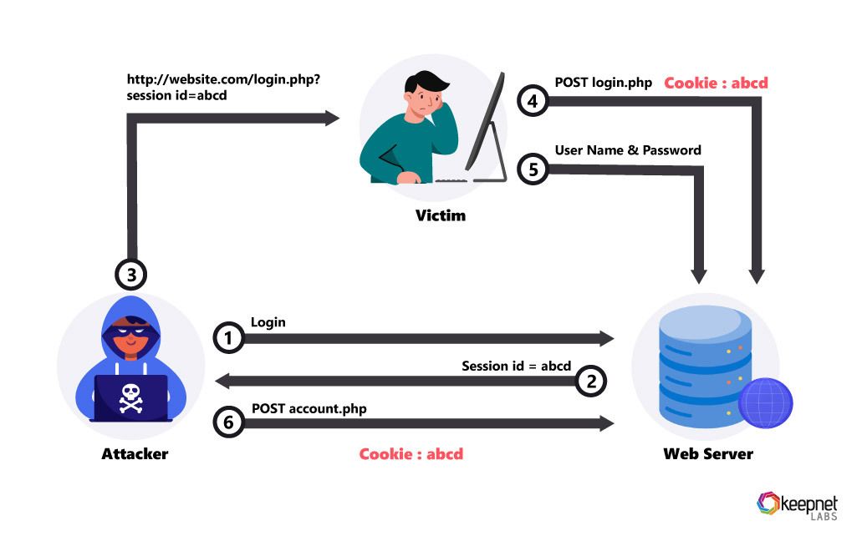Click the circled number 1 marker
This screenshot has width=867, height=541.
(229, 337)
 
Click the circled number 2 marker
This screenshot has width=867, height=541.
(591, 381)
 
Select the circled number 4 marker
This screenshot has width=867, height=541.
(533, 101)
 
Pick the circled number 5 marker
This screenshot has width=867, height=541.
(533, 169)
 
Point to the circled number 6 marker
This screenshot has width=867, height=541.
(229, 423)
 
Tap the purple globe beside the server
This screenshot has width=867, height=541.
(765, 403)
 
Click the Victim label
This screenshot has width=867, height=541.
(441, 215)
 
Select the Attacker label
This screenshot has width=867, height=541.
(135, 454)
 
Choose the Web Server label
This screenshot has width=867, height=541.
(708, 454)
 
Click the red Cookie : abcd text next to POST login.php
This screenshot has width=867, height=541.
(716, 83)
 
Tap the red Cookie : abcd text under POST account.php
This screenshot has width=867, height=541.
(411, 454)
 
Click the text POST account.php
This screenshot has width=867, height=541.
(309, 408)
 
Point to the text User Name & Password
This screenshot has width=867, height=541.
(628, 150)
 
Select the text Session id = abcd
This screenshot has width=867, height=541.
(516, 366)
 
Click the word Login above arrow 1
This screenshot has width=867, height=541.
(268, 322)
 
